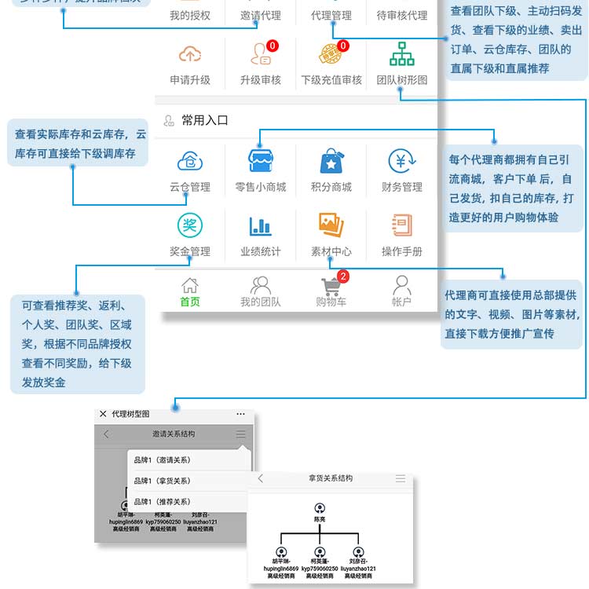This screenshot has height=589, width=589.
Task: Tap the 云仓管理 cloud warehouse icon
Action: click(190, 161)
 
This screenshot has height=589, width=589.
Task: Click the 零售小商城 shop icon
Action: click(260, 161)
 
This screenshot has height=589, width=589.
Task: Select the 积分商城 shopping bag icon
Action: click(331, 161)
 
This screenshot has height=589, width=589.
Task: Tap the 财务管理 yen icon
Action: click(402, 161)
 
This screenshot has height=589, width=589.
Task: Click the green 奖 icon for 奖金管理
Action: click(190, 226)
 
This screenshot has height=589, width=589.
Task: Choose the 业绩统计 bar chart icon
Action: click(260, 226)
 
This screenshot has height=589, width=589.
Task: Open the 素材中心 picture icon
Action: click(331, 226)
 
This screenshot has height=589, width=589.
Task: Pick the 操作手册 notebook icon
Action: click(402, 226)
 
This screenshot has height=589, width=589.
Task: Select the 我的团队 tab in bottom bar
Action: click(260, 291)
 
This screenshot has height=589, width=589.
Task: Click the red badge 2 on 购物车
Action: click(343, 276)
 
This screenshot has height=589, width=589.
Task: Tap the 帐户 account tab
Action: click(402, 291)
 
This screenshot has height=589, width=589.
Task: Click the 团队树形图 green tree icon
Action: click(402, 53)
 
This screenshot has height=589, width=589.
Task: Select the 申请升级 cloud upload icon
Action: click(190, 53)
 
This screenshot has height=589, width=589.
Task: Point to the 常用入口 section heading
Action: click(204, 120)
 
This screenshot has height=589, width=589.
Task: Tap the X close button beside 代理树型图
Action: click(103, 414)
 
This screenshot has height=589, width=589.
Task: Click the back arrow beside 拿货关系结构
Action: click(261, 478)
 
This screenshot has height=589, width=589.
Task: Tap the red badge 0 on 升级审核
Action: click(273, 46)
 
